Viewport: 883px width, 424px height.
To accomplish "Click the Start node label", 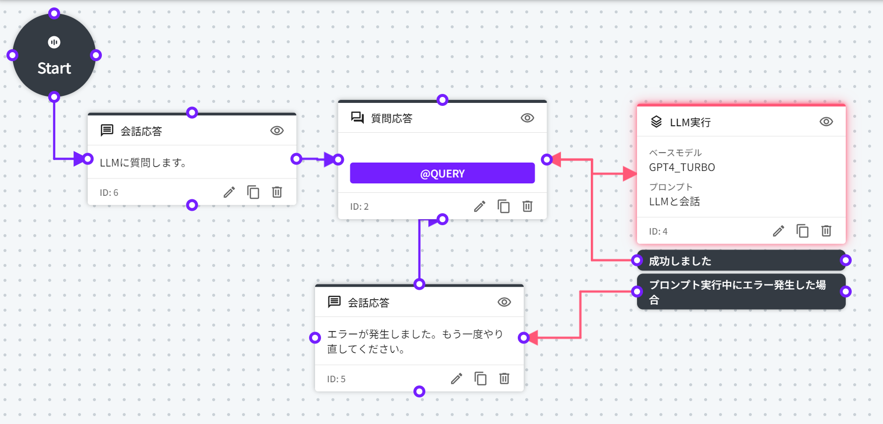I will pos(54,68).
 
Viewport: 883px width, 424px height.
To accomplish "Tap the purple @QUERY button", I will pos(442,173).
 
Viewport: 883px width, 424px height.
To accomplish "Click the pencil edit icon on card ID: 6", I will pos(229,192).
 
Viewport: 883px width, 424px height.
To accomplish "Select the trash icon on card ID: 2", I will pos(528,206).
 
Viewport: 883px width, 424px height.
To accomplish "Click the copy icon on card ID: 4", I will pos(803,231).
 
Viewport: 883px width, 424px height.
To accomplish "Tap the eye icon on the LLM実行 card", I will pos(826,122).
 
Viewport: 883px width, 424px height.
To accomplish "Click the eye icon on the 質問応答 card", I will pos(527,118).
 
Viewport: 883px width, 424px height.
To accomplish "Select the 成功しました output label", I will pos(680,261).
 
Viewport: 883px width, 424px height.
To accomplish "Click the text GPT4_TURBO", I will pos(682,168).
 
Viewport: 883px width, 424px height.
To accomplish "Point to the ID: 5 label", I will pos(336,379).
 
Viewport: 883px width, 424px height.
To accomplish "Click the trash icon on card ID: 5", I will pos(504,379).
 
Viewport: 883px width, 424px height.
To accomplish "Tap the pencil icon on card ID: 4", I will pos(779,231).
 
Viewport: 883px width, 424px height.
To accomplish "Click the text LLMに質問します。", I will pos(143,163).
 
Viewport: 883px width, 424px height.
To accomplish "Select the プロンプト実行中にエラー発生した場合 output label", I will pos(737,292).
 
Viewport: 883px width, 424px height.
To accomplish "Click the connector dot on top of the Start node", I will pos(54,13).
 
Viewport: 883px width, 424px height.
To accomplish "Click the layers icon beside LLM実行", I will pos(656,122).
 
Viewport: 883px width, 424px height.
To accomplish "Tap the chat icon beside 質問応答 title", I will pos(357,118).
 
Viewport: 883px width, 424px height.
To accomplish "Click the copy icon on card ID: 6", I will pos(253,192).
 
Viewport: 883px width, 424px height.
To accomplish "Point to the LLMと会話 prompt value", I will pos(674,202).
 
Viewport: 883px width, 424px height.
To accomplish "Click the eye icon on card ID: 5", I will pos(504,302).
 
